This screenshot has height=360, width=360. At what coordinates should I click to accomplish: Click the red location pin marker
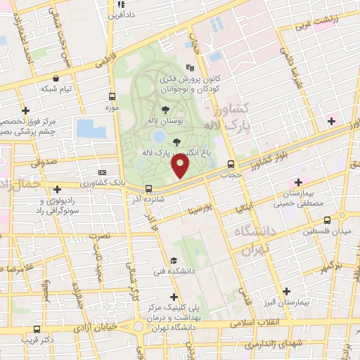point(181,167)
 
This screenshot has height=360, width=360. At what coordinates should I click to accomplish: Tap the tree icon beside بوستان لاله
point(165,109)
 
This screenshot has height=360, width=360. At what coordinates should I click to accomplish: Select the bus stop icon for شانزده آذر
point(148,188)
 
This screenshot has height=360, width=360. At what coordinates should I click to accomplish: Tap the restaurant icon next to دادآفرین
point(118,4)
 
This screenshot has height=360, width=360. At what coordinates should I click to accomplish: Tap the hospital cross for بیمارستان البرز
point(285,291)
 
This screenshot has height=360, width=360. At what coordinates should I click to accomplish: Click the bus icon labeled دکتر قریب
point(37,329)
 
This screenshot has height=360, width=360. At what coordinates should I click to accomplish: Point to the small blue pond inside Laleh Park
point(159,135)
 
